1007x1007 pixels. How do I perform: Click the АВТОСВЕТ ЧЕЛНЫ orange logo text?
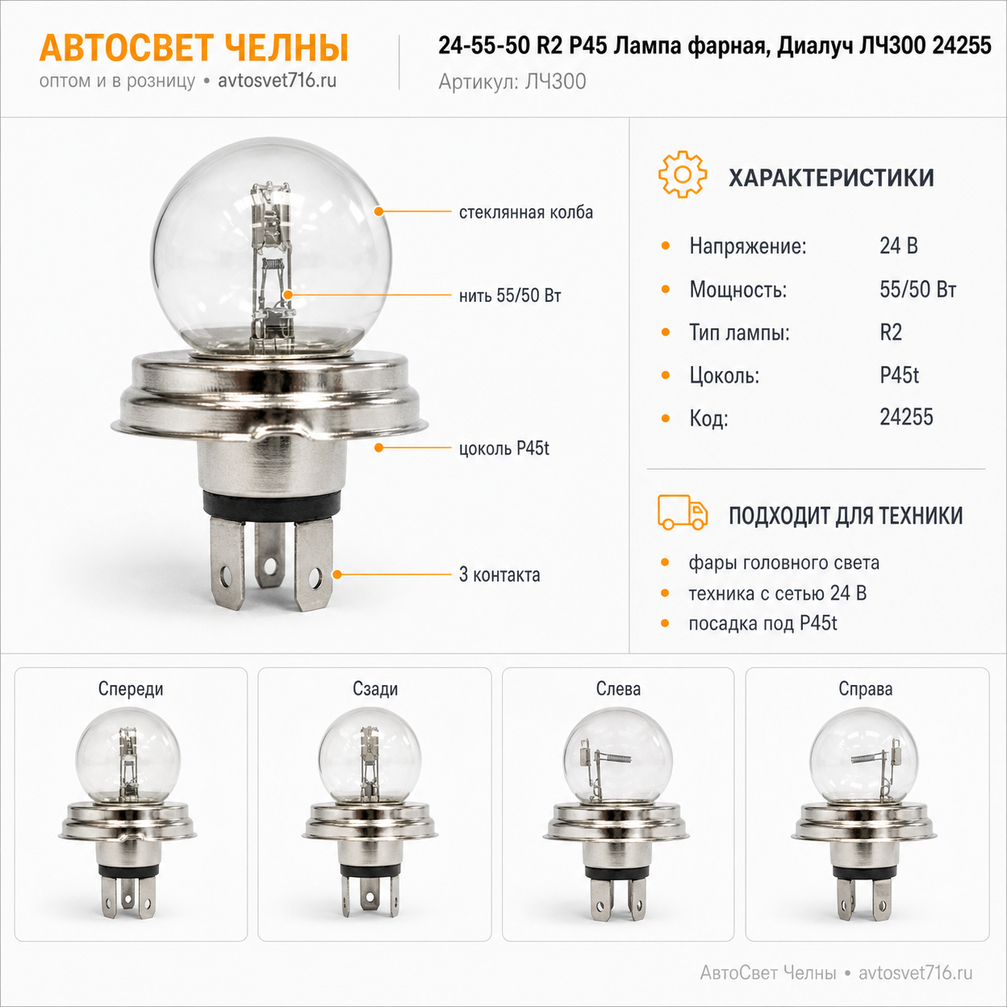(x=194, y=47)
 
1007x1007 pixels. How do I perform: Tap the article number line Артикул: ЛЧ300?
(x=512, y=82)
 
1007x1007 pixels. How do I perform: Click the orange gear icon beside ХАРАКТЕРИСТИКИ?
(x=683, y=174)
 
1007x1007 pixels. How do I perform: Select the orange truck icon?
(x=683, y=512)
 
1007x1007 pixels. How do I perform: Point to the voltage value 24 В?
(x=899, y=246)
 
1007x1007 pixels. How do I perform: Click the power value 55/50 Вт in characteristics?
(x=918, y=289)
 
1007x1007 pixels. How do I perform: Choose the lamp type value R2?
(x=891, y=332)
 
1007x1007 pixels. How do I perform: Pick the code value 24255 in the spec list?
(x=906, y=417)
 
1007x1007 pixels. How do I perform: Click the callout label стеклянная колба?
(x=526, y=212)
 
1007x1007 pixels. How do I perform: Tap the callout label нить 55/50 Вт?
(x=510, y=296)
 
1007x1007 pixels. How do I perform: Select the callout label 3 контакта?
(x=499, y=574)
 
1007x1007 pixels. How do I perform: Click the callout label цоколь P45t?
(x=503, y=448)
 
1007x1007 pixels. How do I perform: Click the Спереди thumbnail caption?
(x=131, y=689)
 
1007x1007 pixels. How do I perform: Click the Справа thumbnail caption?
(x=866, y=689)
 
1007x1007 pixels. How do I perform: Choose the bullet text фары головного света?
(x=784, y=563)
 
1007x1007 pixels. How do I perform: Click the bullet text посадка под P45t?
(x=763, y=623)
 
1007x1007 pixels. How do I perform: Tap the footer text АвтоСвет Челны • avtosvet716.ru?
(x=836, y=972)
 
